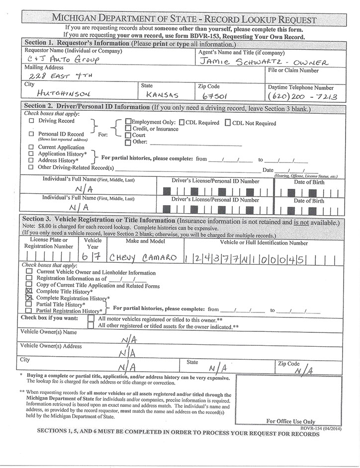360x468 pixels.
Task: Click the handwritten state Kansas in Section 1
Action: coord(160,94)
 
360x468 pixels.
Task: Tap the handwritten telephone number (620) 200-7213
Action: coord(302,95)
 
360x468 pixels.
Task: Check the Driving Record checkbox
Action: coord(32,121)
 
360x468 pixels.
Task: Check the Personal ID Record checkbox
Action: coord(32,134)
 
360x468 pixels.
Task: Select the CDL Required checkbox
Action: coord(182,123)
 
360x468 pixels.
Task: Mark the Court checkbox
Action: coord(128,135)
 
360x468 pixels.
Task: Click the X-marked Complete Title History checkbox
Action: coord(29,291)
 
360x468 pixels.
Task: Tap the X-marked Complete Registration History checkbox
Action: coord(29,298)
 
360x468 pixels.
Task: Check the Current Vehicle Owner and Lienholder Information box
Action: coord(29,272)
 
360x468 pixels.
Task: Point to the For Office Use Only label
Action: coord(290,421)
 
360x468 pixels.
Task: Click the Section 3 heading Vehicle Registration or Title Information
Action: coord(117,220)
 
